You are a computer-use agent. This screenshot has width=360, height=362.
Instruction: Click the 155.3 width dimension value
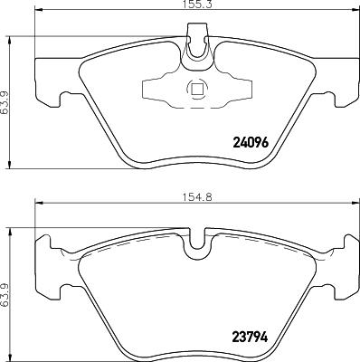pos(188,5)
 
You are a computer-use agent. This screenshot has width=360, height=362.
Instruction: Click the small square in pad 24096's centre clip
pos(195,89)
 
